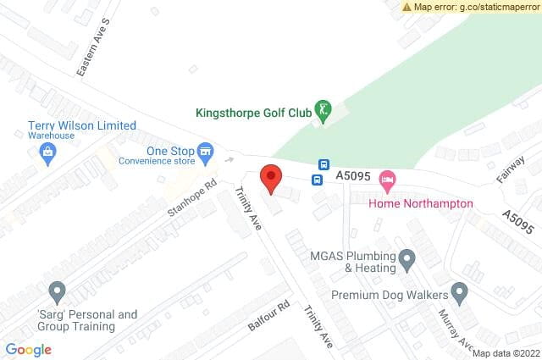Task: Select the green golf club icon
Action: (323, 109)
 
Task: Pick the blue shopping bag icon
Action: (48, 153)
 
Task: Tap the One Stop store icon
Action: (205, 152)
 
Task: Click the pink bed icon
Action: (387, 179)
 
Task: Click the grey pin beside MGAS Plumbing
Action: (407, 259)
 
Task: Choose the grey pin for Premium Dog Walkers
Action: (460, 293)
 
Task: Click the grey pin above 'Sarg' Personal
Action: (58, 292)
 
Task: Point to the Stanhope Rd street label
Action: (193, 197)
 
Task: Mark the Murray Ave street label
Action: (454, 330)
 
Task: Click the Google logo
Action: (29, 349)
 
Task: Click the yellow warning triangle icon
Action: (407, 7)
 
